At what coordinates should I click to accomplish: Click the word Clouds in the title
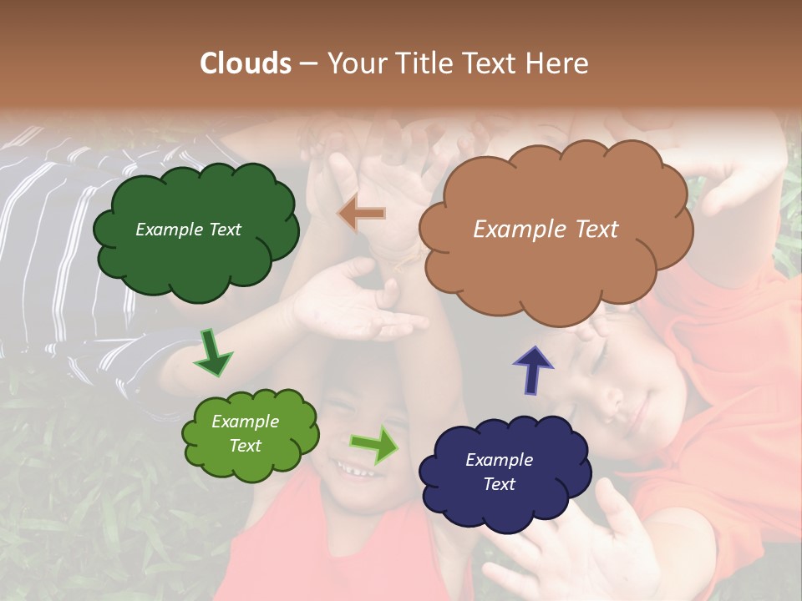pos(245,63)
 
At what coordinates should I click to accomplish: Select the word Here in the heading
pos(558,63)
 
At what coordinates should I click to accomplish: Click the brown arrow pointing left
pos(363,214)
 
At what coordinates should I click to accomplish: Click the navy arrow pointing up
pos(532,370)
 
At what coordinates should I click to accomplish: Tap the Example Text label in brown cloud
pos(546,230)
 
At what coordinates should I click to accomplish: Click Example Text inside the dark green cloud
pos(188,230)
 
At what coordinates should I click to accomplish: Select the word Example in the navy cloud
pos(499,460)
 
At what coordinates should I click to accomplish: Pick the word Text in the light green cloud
pos(246,446)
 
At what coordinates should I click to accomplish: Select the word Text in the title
pos(492,63)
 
